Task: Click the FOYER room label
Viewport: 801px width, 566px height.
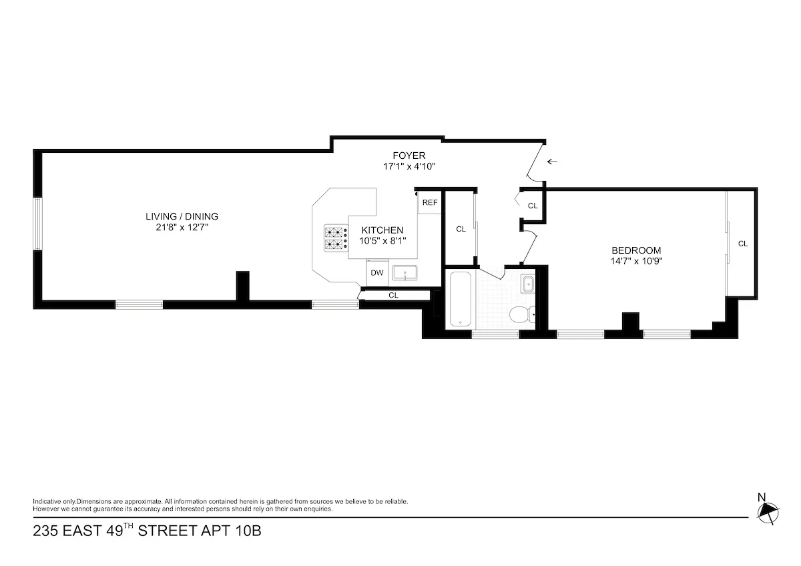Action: [x=409, y=156]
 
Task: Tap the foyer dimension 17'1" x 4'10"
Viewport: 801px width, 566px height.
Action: [x=409, y=167]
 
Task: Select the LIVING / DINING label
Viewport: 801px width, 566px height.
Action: [x=182, y=216]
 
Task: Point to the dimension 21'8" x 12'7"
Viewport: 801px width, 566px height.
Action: [x=182, y=228]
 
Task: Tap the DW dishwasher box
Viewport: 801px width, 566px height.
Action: [x=377, y=273]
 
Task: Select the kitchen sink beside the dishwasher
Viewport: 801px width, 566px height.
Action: [x=405, y=273]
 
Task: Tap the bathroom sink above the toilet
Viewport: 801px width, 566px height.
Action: [x=527, y=284]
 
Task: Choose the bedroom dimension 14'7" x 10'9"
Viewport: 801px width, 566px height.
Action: [x=636, y=261]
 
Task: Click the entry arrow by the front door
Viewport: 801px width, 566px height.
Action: [x=552, y=162]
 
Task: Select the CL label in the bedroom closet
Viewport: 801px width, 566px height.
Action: [x=742, y=244]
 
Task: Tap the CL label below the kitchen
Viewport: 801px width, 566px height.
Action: [x=393, y=295]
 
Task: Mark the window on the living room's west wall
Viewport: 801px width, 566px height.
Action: [x=38, y=224]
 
